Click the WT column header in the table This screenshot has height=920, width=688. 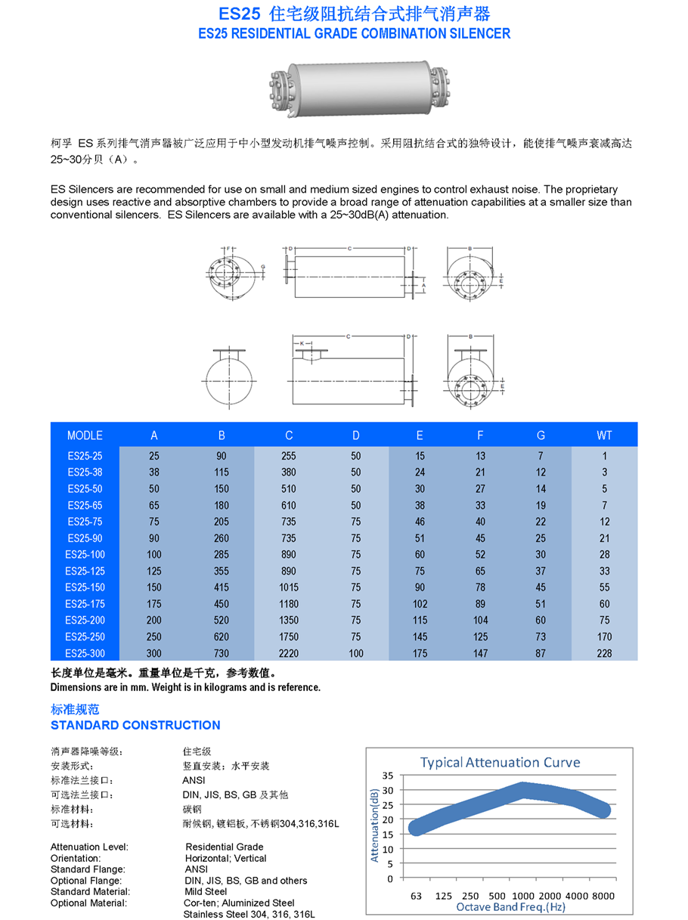[x=604, y=435]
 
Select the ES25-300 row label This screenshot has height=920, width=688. [x=84, y=653]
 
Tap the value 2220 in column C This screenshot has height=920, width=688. [x=289, y=653]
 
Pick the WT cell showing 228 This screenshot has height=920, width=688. [x=604, y=653]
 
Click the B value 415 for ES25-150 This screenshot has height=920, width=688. [x=222, y=587]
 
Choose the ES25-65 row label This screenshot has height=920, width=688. [x=84, y=505]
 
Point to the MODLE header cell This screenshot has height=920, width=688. [x=84, y=435]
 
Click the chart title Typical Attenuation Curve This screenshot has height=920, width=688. [x=500, y=762]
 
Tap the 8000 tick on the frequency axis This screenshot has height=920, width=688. [x=603, y=896]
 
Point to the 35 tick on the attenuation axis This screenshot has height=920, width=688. [x=387, y=776]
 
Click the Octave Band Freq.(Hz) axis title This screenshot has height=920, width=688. [x=510, y=906]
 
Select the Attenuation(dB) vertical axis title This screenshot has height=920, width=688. [x=374, y=824]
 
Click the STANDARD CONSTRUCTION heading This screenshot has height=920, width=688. [x=135, y=725]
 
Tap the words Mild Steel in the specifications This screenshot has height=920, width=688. [x=206, y=891]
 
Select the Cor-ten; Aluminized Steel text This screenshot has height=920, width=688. [x=240, y=903]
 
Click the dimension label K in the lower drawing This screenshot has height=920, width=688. [x=302, y=343]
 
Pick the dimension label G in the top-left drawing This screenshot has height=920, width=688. [x=262, y=267]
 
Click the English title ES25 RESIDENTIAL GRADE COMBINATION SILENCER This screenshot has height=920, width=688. [x=354, y=33]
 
